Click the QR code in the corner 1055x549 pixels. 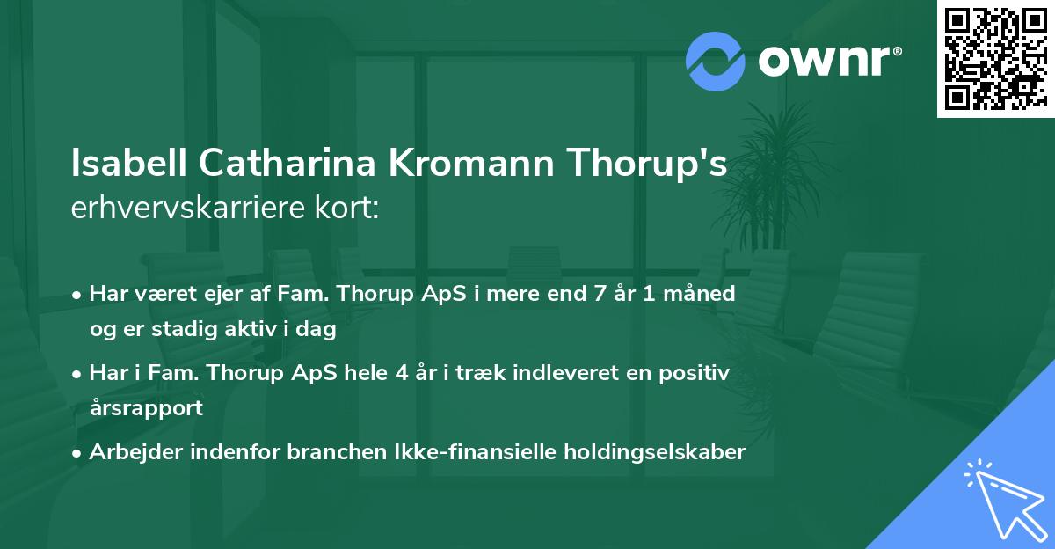click(995, 58)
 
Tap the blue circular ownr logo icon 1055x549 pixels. click(716, 62)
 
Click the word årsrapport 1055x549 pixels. click(146, 408)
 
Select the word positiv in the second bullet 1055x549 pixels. click(697, 372)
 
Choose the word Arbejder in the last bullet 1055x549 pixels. click(129, 452)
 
